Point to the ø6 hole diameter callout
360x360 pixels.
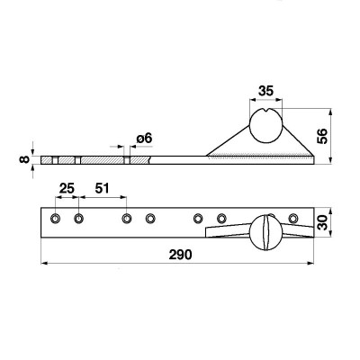pos(144,139)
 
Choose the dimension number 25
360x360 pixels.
pos(67,188)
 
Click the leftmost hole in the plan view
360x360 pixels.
pos(57,219)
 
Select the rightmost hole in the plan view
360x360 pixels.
pos(293,218)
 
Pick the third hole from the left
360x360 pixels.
pos(126,219)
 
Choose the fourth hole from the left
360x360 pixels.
pos(150,219)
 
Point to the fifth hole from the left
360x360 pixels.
pos(199,218)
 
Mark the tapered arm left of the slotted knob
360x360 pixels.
pos(227,231)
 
